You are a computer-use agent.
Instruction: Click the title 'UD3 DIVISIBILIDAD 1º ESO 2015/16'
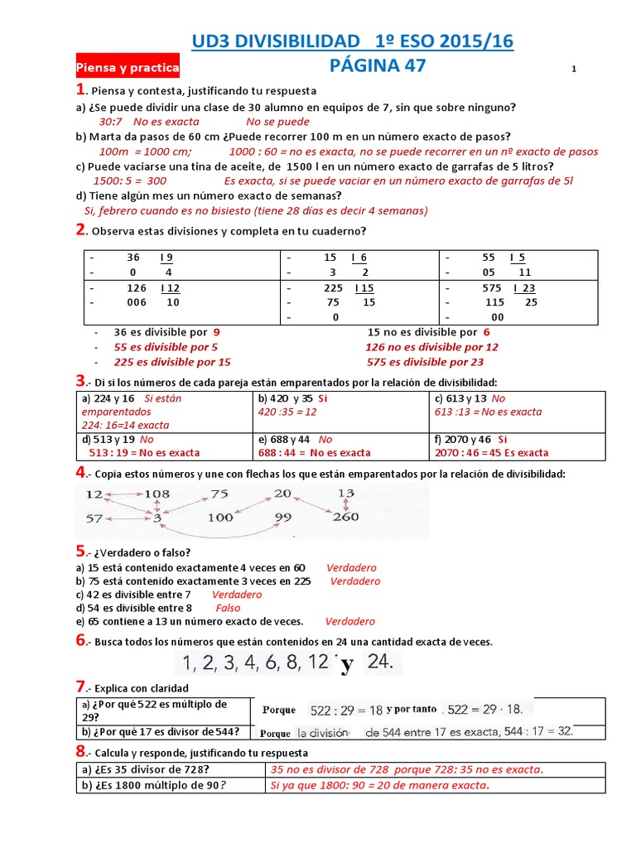[352, 41]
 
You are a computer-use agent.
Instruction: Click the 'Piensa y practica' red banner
[127, 68]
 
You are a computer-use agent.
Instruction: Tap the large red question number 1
[79, 89]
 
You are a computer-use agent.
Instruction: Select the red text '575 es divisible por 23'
[425, 362]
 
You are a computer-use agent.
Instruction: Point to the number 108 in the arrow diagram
[157, 494]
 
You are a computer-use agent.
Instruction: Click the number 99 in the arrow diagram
[284, 518]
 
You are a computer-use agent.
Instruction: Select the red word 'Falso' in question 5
[228, 608]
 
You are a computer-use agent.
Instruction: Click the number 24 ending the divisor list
[383, 662]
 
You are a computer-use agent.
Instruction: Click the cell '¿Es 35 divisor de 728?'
[171, 769]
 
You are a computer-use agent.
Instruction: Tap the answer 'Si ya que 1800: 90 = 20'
[380, 785]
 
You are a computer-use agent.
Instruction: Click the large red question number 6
[80, 640]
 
